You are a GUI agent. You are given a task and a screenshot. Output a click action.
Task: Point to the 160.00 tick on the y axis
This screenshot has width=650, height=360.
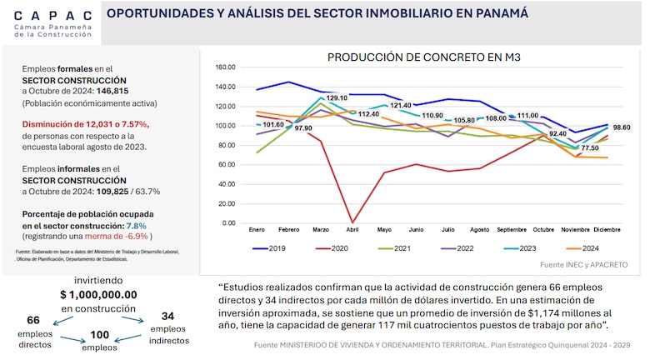coord(226,67)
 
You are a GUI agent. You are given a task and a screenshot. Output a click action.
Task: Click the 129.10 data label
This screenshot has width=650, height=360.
coord(337,97)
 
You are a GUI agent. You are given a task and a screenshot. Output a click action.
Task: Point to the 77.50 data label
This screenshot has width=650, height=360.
coord(589,147)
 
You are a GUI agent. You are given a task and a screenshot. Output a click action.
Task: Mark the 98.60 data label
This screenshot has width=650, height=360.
coord(621,127)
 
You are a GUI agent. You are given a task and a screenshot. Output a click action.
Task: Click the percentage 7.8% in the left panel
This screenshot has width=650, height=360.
coord(135,225)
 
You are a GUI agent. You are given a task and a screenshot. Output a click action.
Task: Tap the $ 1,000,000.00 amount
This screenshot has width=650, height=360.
coord(98,295)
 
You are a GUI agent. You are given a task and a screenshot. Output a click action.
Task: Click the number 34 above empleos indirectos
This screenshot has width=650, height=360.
coord(167,316)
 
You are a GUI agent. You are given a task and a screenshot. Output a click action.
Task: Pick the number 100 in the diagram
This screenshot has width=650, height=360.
coord(99,334)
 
